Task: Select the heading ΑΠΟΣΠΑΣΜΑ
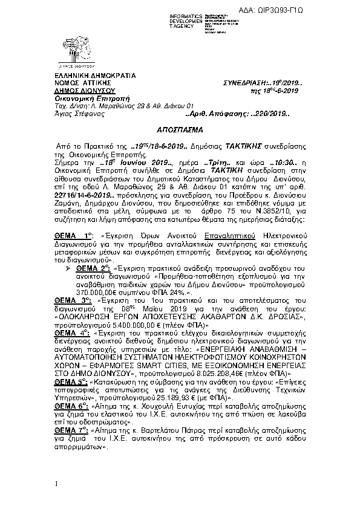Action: point(179,130)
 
